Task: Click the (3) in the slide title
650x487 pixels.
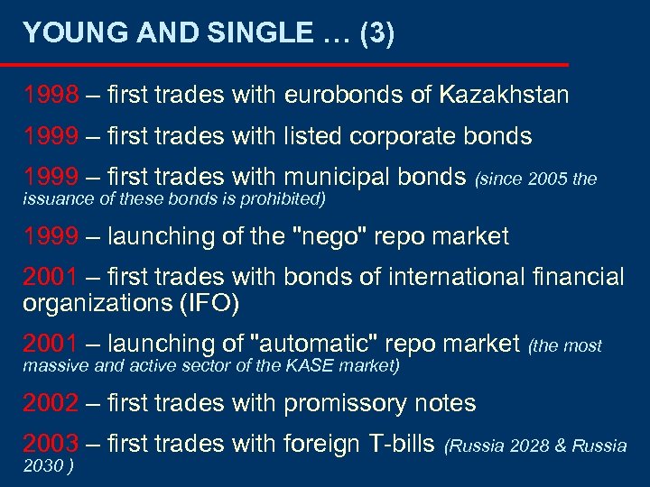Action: pos(376,33)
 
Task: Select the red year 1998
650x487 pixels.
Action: pos(51,95)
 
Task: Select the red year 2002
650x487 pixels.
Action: pos(51,403)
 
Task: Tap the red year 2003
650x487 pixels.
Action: pos(51,444)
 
